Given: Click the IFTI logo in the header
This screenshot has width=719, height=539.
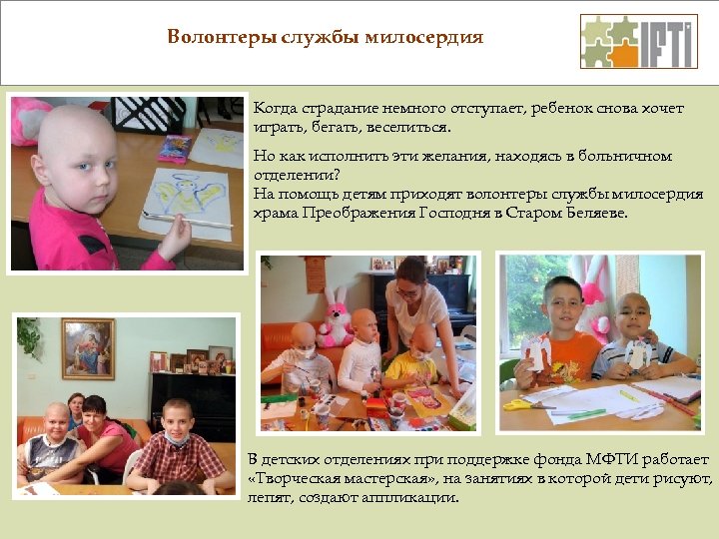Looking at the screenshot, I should click(x=638, y=41).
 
